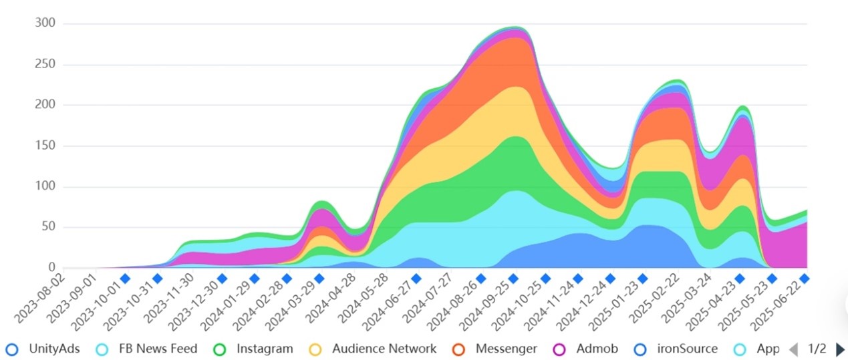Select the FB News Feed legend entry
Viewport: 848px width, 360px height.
coord(147,349)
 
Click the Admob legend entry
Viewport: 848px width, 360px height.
coord(585,349)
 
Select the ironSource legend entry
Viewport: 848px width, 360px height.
coord(676,349)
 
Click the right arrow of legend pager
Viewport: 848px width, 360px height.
coord(841,349)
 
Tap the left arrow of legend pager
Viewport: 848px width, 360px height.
coord(793,349)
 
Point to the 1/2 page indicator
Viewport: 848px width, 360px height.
coord(817,349)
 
